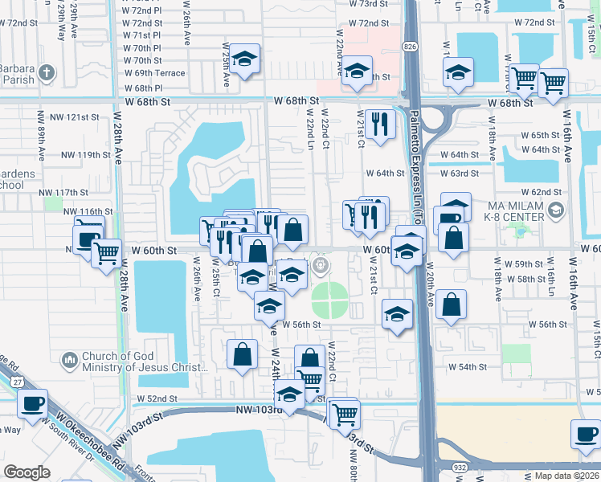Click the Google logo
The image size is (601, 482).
pos(27,472)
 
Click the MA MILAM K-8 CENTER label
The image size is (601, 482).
pos(515,210)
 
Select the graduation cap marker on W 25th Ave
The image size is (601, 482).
pos(245,59)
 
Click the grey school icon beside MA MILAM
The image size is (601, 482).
pos(555,210)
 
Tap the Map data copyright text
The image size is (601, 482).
pos(564,475)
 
